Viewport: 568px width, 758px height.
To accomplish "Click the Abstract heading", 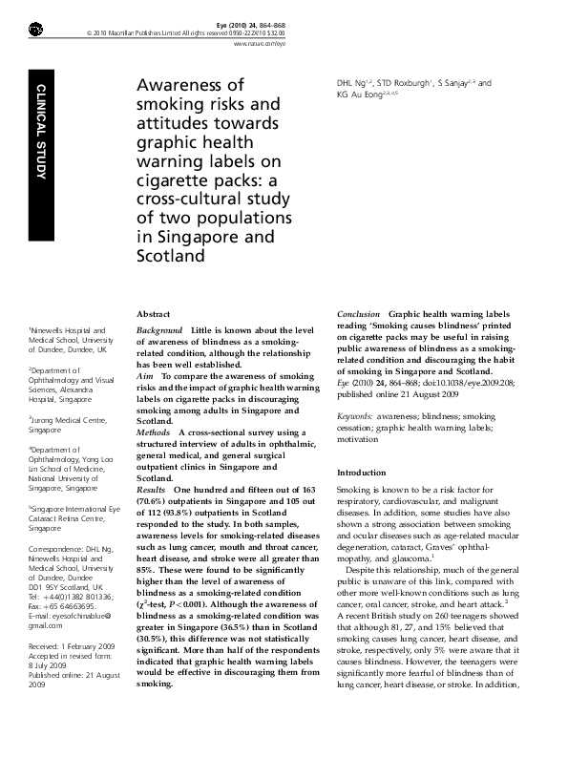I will pos(154,313).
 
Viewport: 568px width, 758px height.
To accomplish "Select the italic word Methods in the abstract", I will pos(155,432).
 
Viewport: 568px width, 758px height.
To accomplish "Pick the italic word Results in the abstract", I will pos(153,489).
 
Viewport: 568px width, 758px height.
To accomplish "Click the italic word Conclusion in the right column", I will pos(359,313).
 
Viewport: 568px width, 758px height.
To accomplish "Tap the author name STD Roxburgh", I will pos(401,83).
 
